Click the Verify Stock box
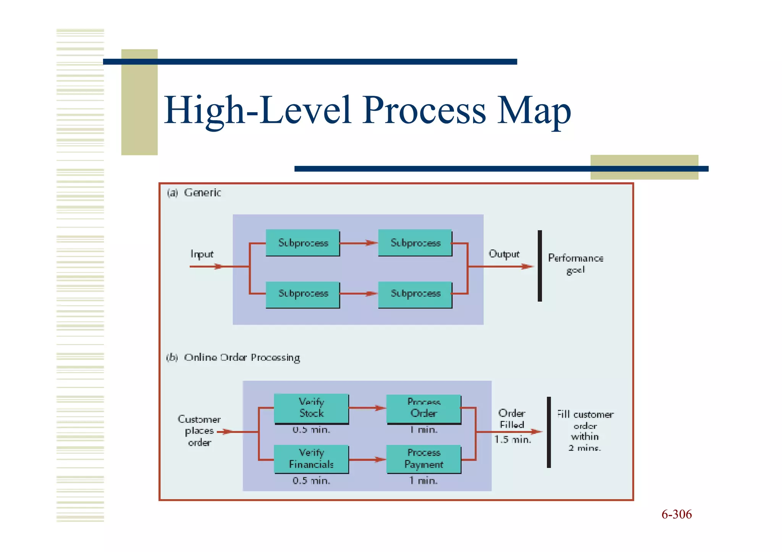[x=311, y=408]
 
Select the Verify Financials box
[x=311, y=459]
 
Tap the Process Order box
[x=423, y=409]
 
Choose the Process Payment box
[x=423, y=459]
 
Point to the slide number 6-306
[x=676, y=514]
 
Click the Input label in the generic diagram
[x=202, y=254]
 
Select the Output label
[x=504, y=254]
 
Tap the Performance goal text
[x=575, y=264]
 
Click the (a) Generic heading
[x=194, y=193]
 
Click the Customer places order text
[x=199, y=431]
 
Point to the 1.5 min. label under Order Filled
[x=512, y=439]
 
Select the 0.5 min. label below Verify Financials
[x=311, y=481]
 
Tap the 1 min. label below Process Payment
[x=423, y=481]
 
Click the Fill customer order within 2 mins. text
[x=585, y=431]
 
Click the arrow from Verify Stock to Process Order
[x=367, y=408]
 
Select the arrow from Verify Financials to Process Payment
[x=367, y=460]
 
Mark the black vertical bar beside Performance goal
[x=540, y=266]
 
